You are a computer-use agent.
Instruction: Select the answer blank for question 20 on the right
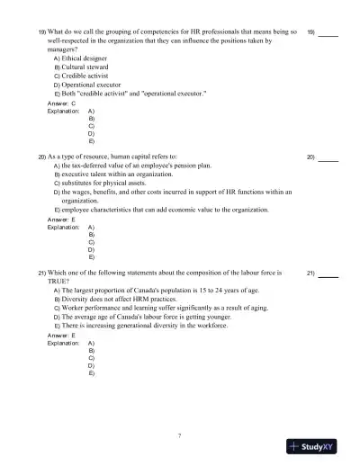328,158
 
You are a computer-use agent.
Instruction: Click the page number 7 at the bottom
180,435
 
